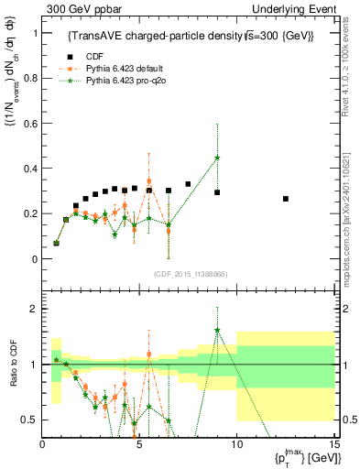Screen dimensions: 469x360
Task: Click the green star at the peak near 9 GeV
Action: pos(217,158)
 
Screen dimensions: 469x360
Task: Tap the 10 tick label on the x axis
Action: pos(236,444)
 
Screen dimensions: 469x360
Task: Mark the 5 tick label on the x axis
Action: pos(138,444)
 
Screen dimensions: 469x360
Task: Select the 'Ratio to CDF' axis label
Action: pos(13,365)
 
